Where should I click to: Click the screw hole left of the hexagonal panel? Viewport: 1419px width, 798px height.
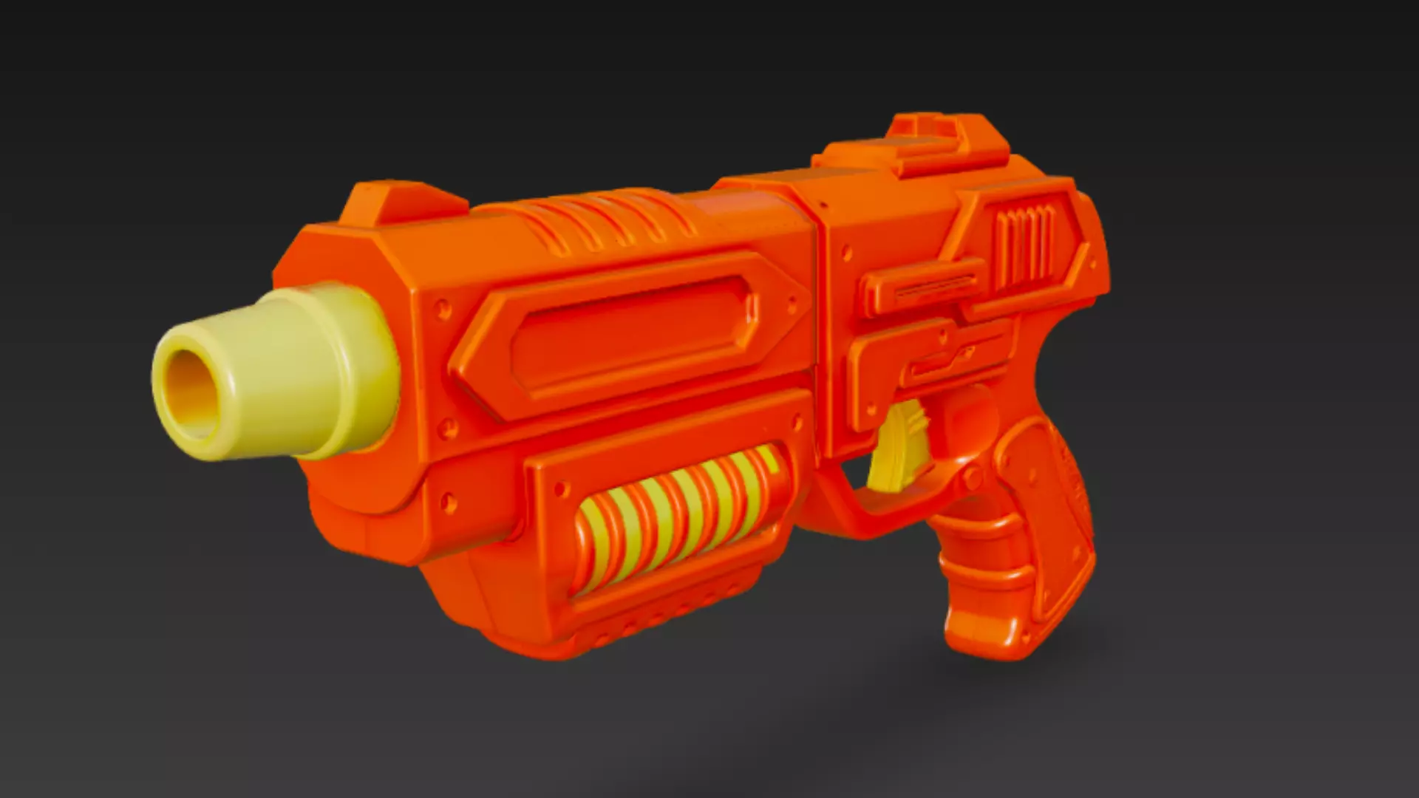click(x=442, y=305)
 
